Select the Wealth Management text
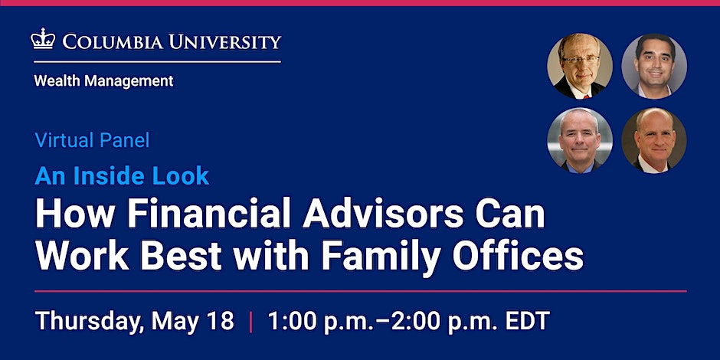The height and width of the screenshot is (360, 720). coord(103,80)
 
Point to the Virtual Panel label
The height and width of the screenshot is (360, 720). coord(92,141)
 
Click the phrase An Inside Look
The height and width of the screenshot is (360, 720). coord(122,176)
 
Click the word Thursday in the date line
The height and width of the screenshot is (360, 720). coord(85,321)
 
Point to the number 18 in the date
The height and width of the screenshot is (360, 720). coord(218,321)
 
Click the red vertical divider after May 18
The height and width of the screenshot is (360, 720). coord(250,321)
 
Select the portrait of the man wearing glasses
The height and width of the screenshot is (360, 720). coord(580,65)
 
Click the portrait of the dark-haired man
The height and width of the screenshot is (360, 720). coord(653,65)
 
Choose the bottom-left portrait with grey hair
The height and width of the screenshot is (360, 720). coord(580,139)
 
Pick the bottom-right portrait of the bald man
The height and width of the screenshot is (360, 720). coord(653,139)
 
